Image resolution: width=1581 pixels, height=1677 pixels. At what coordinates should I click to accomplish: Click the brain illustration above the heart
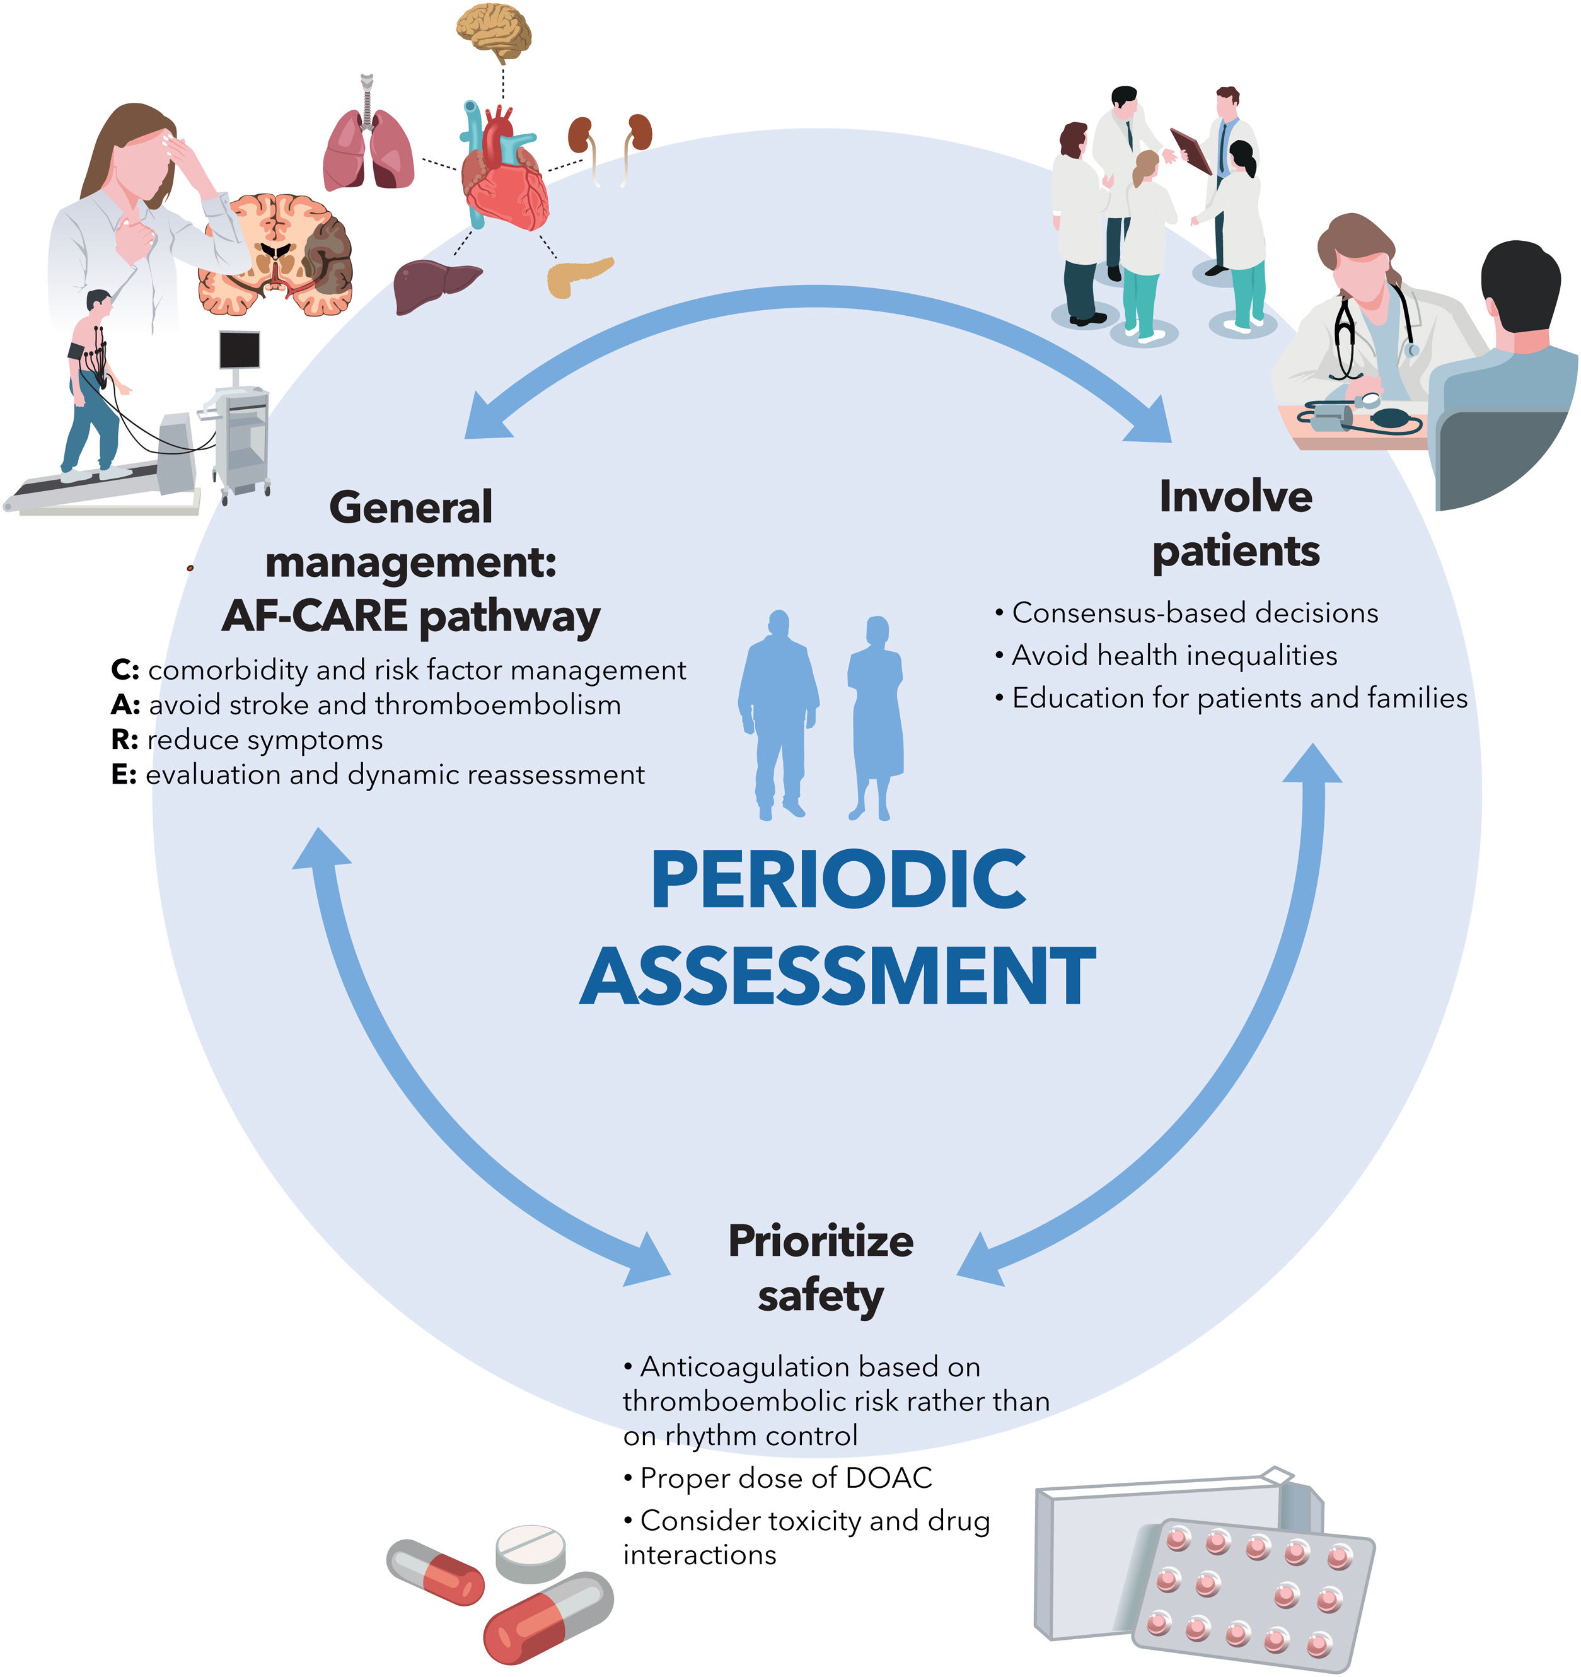click(494, 30)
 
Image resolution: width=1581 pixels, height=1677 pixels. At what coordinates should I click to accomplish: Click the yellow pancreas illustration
click(578, 275)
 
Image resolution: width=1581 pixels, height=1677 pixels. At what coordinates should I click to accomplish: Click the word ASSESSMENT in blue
click(838, 976)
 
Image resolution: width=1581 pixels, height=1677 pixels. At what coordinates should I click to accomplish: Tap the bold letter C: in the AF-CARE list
click(125, 670)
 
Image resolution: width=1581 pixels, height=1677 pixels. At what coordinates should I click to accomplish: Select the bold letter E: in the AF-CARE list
click(124, 774)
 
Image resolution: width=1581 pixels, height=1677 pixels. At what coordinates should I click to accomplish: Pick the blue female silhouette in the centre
click(875, 717)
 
